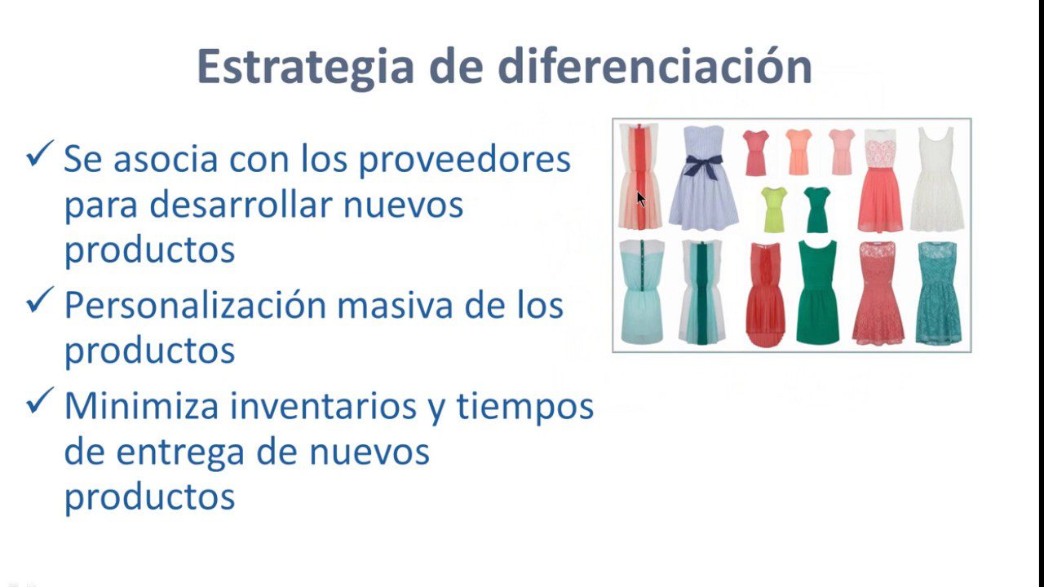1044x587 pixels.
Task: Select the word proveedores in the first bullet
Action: [x=465, y=159]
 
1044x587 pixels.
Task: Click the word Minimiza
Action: [x=141, y=406]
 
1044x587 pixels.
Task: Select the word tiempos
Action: [x=525, y=406]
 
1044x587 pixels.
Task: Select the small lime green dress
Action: [x=773, y=209]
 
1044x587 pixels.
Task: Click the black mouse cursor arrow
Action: [x=641, y=199]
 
